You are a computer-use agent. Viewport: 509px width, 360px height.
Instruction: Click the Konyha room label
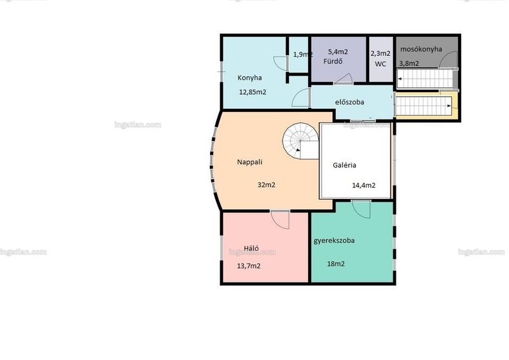click(x=249, y=78)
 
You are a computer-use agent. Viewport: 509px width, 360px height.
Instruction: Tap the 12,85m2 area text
click(x=253, y=92)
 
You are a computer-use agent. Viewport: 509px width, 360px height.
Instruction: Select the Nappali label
click(x=249, y=162)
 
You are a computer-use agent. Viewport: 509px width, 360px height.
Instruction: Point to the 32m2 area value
click(x=266, y=185)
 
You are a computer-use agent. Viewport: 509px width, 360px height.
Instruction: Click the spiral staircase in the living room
click(x=300, y=141)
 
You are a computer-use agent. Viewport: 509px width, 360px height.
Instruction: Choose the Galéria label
click(x=344, y=165)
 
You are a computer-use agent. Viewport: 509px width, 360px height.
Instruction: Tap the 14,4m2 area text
click(x=363, y=185)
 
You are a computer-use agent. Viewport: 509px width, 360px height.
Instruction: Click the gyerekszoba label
click(x=334, y=241)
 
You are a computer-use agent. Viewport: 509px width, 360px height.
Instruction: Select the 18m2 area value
click(x=336, y=264)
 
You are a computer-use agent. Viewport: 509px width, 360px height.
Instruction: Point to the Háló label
click(x=251, y=248)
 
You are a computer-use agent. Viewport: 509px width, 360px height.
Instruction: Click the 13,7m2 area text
click(x=248, y=267)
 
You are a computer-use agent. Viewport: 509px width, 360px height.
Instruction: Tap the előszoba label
click(x=349, y=102)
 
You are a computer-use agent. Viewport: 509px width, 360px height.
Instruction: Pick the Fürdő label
click(x=333, y=61)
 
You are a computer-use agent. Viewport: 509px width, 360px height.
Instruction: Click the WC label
click(x=380, y=64)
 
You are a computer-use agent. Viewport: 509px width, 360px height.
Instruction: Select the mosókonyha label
click(x=421, y=50)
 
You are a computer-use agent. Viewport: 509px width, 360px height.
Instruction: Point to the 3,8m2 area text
click(x=409, y=64)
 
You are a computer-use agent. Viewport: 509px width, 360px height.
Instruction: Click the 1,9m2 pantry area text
click(x=303, y=55)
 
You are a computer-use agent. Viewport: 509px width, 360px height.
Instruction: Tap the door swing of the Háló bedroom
click(x=280, y=220)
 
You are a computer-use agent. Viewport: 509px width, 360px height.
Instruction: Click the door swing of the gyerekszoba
click(x=361, y=210)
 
